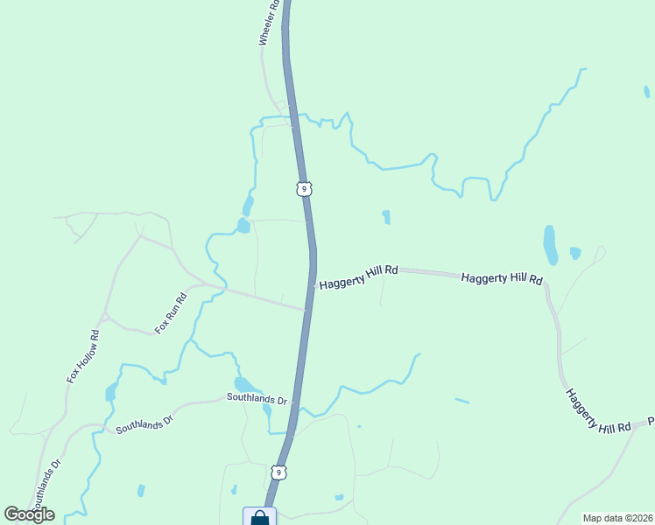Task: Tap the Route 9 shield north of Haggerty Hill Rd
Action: pyautogui.click(x=303, y=188)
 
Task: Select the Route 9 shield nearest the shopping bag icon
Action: pyautogui.click(x=278, y=472)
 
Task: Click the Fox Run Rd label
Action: pyautogui.click(x=171, y=312)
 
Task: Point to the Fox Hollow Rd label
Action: pyautogui.click(x=83, y=356)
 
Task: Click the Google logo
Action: pyautogui.click(x=29, y=514)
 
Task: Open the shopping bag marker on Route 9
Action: pyautogui.click(x=260, y=518)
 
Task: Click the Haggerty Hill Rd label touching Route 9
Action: pyautogui.click(x=359, y=278)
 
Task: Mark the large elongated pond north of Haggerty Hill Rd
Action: pyautogui.click(x=550, y=244)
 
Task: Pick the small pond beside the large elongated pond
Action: pyautogui.click(x=574, y=253)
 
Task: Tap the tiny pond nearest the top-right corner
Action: pyautogui.click(x=646, y=91)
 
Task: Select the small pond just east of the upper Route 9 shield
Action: pyautogui.click(x=385, y=216)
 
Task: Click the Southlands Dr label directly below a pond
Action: pyautogui.click(x=257, y=398)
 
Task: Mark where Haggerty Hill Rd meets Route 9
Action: pyautogui.click(x=313, y=285)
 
